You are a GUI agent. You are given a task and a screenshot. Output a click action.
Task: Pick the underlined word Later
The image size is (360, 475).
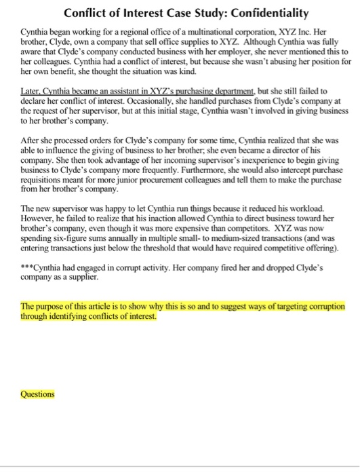(31, 90)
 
